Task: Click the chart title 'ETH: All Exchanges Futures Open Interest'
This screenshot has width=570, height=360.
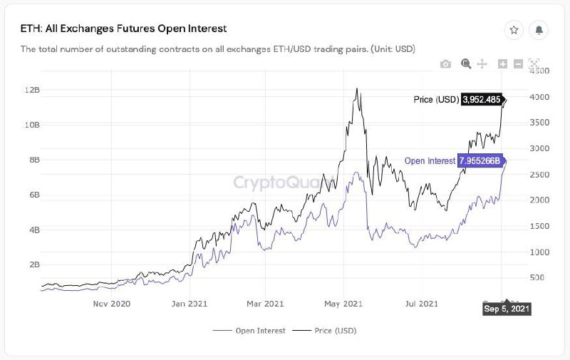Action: click(x=123, y=29)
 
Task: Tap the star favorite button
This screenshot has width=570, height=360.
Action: click(x=513, y=30)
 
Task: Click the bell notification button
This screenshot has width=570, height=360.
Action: click(x=539, y=30)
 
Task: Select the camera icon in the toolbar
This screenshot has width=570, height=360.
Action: click(x=446, y=64)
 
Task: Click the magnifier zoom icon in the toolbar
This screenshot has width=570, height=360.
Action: click(x=466, y=64)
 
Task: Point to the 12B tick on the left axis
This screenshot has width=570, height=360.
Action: click(x=31, y=90)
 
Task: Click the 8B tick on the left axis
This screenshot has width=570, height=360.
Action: click(x=33, y=160)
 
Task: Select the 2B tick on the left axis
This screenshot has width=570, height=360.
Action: click(x=33, y=264)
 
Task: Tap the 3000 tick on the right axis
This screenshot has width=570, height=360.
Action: click(x=541, y=148)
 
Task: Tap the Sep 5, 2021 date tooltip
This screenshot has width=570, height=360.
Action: click(x=507, y=309)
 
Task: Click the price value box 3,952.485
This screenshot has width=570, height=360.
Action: click(x=482, y=100)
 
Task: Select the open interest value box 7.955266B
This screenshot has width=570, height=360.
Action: click(x=481, y=160)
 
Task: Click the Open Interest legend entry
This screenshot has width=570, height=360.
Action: click(x=249, y=331)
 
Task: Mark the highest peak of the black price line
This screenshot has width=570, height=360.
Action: click(x=356, y=89)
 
